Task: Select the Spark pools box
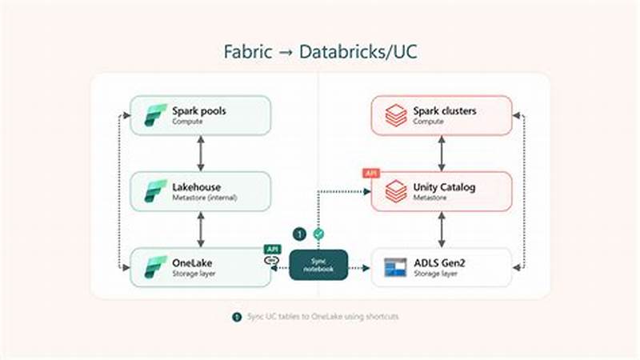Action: [201, 115]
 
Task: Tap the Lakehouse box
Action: [201, 191]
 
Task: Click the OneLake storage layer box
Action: [201, 267]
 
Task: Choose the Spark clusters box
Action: [441, 115]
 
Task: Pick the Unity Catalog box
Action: [441, 191]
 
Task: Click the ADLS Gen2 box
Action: [441, 267]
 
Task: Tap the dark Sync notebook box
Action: [318, 266]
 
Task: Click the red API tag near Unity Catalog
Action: [371, 173]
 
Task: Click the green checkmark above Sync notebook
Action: [318, 234]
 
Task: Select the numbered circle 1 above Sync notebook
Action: [298, 234]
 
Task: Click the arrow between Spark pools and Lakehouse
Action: [201, 153]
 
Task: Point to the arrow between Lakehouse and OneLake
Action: [201, 230]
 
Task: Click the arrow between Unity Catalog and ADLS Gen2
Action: [441, 230]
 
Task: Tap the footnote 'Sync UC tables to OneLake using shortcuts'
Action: [320, 317]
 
